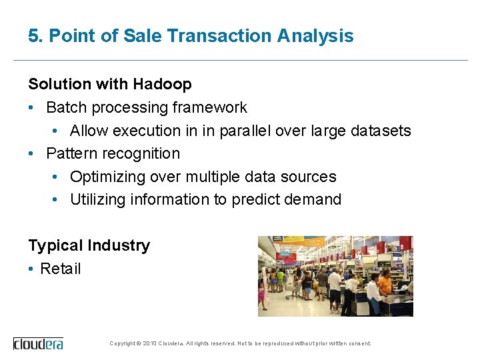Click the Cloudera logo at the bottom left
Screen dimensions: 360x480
tap(38, 343)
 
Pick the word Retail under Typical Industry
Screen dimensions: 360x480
tap(60, 269)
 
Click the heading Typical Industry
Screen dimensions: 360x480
tap(89, 245)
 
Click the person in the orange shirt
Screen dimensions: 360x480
tap(385, 283)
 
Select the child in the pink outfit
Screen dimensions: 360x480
tap(262, 293)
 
